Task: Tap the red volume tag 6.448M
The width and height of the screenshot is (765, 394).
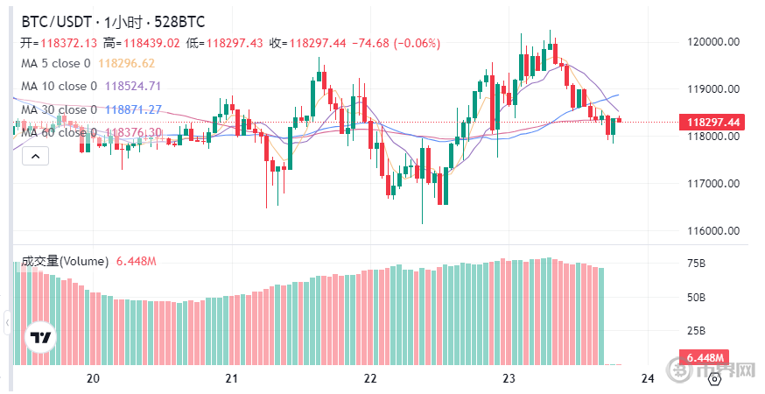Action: click(x=705, y=359)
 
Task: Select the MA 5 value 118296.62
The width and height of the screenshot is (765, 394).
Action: click(x=127, y=63)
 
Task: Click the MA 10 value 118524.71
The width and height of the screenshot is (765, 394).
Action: click(x=133, y=86)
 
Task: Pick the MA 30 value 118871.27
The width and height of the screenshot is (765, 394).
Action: click(x=133, y=109)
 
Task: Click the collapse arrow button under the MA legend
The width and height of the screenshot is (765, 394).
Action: click(x=35, y=156)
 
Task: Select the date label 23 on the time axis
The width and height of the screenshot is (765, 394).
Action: click(x=509, y=378)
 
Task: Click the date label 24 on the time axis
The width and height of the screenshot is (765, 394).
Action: click(x=648, y=378)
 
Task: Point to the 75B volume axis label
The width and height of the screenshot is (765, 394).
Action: click(x=697, y=264)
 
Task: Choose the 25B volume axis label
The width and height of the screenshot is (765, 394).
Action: click(x=697, y=330)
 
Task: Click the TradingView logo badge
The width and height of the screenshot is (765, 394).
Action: click(x=40, y=338)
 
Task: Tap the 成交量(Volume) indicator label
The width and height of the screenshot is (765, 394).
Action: click(x=64, y=261)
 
